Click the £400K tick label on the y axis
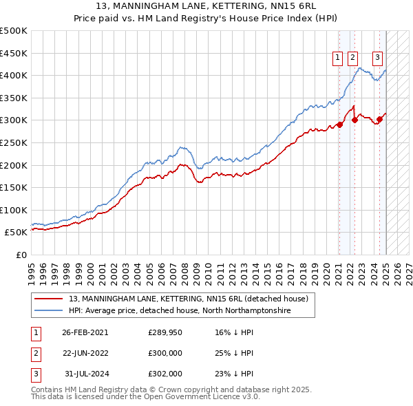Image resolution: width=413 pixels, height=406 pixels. click(x=14, y=75)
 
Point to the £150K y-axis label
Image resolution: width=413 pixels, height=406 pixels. click(x=14, y=187)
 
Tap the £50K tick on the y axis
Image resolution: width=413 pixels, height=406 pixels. click(x=17, y=233)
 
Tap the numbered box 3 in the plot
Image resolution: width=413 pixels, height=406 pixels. click(x=379, y=58)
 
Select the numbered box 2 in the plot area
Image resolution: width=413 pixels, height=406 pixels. click(x=352, y=58)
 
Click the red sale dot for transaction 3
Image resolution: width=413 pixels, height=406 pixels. click(x=379, y=120)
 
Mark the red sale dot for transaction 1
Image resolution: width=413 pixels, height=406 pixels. click(x=339, y=125)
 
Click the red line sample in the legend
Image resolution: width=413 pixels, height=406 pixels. click(x=50, y=299)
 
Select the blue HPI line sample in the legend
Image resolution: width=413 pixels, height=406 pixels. click(x=50, y=311)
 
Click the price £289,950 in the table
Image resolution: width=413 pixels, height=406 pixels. click(x=165, y=332)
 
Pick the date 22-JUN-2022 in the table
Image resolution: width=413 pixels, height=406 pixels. click(x=85, y=353)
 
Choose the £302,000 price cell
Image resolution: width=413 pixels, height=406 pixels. click(x=165, y=374)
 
